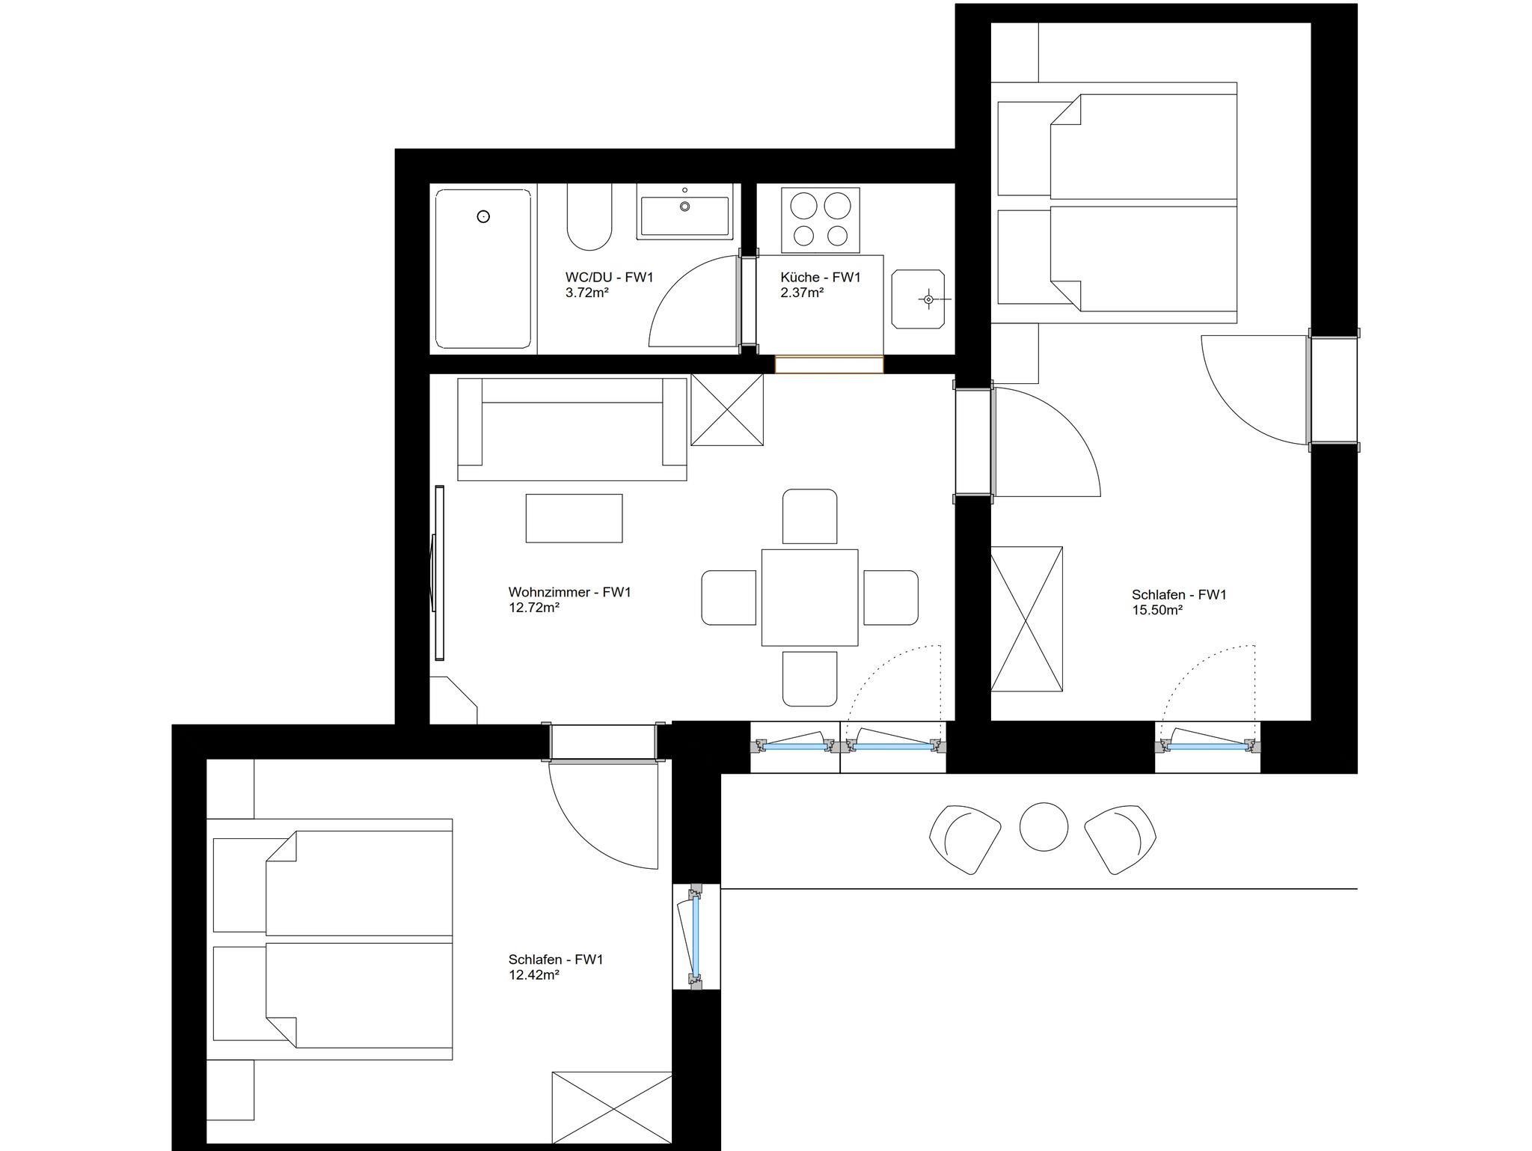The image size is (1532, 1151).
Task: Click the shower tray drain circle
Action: coord(483,217)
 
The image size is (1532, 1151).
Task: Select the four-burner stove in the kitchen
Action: coord(821,220)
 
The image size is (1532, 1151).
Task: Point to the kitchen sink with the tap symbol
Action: coord(918,299)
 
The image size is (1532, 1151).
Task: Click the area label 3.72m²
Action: coord(587,293)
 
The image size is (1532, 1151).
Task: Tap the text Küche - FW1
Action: coord(821,278)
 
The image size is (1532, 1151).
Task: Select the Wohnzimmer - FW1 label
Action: coord(570,593)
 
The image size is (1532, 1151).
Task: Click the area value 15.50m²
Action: coord(1157,610)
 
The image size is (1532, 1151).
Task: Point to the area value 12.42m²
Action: coord(534,975)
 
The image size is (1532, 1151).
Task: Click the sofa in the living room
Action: coord(572,429)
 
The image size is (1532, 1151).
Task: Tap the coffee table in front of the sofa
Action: coord(574,518)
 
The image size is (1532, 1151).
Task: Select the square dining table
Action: coord(809,597)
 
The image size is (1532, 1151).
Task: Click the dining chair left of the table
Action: coord(729,597)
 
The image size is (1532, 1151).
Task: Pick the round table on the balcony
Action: coord(1044,827)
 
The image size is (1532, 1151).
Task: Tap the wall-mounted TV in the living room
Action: coord(439,573)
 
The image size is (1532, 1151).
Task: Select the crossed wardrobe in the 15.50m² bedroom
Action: coord(1026,619)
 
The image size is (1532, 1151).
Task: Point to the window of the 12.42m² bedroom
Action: coord(696,937)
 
